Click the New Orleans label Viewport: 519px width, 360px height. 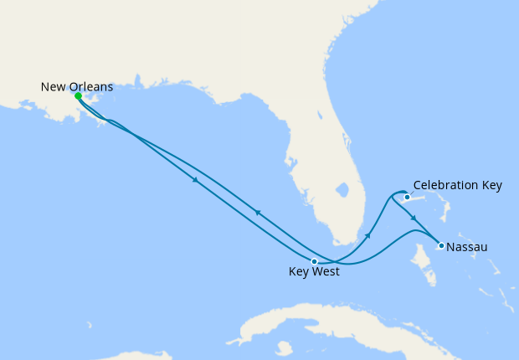click(x=77, y=86)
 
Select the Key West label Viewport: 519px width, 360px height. click(x=314, y=271)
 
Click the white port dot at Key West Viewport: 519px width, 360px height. click(x=314, y=261)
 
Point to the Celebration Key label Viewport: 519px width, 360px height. click(x=458, y=185)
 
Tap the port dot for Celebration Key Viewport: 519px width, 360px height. click(x=408, y=198)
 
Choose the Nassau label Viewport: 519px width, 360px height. click(x=467, y=247)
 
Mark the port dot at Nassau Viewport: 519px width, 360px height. click(x=441, y=245)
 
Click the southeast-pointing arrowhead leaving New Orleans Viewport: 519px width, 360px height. click(x=196, y=181)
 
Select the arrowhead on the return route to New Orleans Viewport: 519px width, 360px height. click(x=258, y=213)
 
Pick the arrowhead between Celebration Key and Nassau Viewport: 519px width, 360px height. click(x=414, y=219)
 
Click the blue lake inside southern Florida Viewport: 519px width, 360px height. click(x=342, y=189)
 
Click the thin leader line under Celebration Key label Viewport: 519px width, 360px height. click(x=414, y=194)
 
